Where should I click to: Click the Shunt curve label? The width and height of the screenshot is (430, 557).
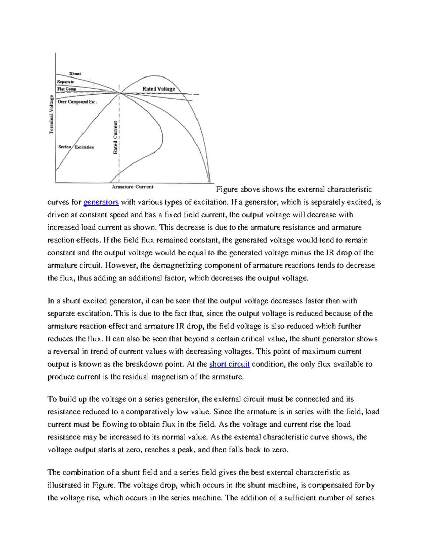75,74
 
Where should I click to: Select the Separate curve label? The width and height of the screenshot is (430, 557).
66,82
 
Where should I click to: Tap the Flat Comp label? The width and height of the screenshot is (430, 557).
67,89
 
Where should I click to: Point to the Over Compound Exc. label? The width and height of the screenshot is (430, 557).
77,102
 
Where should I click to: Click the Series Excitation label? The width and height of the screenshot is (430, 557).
76,147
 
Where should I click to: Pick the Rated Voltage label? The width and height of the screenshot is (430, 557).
159,89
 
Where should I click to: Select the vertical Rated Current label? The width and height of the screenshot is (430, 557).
115,138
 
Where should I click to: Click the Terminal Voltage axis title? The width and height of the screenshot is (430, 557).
51,114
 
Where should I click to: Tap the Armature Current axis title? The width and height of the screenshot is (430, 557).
133,187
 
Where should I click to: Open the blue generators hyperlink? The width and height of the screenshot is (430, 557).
101,202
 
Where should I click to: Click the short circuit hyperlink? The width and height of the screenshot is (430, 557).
229,364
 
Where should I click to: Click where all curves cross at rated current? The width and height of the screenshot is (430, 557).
119,93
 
